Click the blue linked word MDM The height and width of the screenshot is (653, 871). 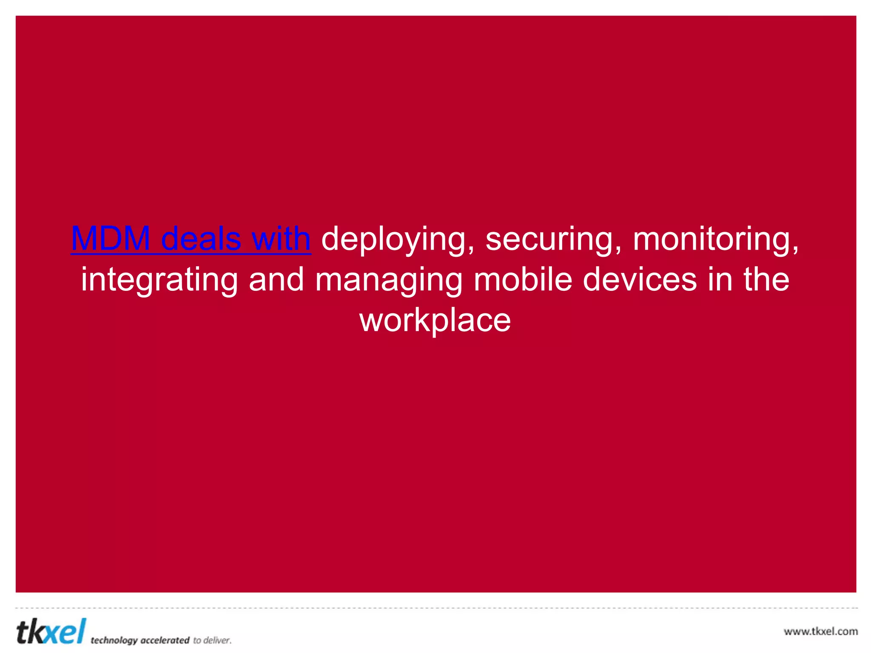click(110, 238)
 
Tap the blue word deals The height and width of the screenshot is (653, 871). click(201, 238)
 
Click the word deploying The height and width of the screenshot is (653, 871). click(398, 239)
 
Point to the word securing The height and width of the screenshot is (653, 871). click(553, 239)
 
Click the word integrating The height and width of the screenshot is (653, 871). click(159, 280)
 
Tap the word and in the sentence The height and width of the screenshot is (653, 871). click(276, 279)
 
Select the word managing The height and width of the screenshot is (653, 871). click(389, 280)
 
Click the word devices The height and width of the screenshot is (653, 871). click(639, 279)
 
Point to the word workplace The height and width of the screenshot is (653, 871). click(435, 321)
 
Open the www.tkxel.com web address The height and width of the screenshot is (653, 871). click(820, 631)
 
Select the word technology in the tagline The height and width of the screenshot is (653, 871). click(114, 640)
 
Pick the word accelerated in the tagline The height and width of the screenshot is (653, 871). click(165, 640)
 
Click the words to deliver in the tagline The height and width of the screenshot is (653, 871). click(212, 640)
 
